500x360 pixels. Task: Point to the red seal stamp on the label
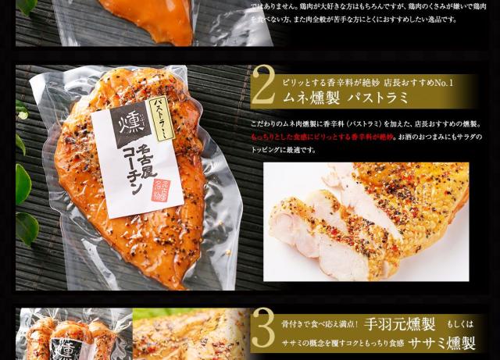[161, 188]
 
